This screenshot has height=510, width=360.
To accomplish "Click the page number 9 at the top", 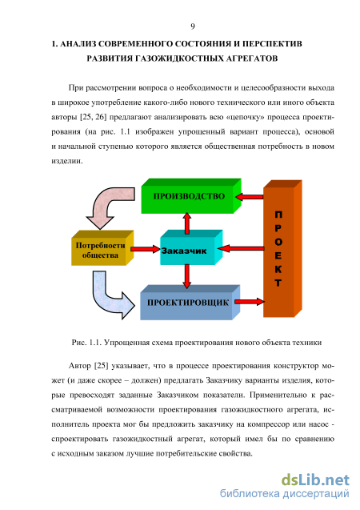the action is pos(193,26).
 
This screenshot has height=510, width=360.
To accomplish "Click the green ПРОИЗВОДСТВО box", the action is pos(191,196).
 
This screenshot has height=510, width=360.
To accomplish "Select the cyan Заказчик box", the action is pos(191,247).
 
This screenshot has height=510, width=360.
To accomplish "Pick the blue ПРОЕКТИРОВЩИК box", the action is pos(190,303).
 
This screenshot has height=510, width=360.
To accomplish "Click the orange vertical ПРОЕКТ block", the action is pos(282,248).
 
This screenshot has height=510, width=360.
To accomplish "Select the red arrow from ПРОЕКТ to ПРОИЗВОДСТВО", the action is pos(250,197).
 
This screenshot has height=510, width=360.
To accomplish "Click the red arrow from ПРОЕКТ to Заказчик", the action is pos(241,248).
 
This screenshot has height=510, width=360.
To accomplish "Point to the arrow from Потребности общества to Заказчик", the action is pos(146,249).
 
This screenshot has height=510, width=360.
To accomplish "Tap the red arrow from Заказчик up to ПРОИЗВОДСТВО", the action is pos(187,223).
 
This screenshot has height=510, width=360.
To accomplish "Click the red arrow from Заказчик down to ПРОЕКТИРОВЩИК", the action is pos(186,276).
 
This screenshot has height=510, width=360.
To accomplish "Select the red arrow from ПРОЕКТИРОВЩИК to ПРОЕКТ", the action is pos(250,302).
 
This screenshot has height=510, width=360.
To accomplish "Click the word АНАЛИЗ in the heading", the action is pos(77,44).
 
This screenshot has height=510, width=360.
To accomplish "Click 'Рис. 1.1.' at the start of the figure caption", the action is pos(86,343).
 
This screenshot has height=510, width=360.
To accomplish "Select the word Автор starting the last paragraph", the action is pos(80,366).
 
